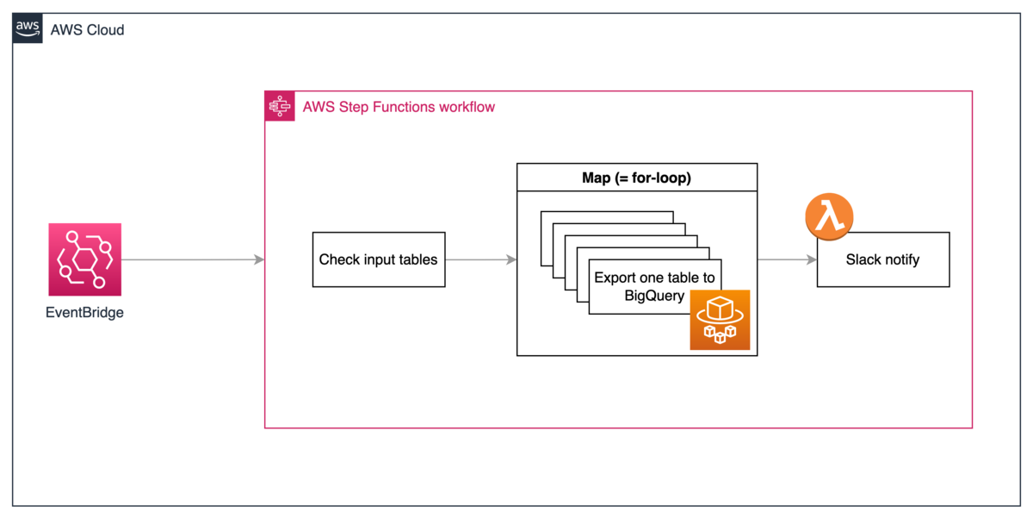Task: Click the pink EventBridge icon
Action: click(84, 259)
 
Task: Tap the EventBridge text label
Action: click(84, 313)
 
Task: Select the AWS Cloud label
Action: click(87, 30)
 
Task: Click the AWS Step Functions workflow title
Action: click(399, 108)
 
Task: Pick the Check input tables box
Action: click(378, 259)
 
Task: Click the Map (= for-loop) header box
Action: click(636, 178)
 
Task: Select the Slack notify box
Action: click(882, 259)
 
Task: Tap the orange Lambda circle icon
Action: click(829, 216)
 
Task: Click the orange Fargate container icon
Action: click(720, 320)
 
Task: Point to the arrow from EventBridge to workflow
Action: click(193, 259)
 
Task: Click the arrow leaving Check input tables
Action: click(480, 259)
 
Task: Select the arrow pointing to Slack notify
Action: click(787, 259)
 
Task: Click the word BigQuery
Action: click(654, 296)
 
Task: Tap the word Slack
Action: click(863, 259)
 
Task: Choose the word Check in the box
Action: click(338, 259)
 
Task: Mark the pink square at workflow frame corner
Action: click(279, 105)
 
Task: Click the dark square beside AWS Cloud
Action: click(29, 29)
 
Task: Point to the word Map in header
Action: click(597, 178)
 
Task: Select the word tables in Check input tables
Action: click(418, 259)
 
